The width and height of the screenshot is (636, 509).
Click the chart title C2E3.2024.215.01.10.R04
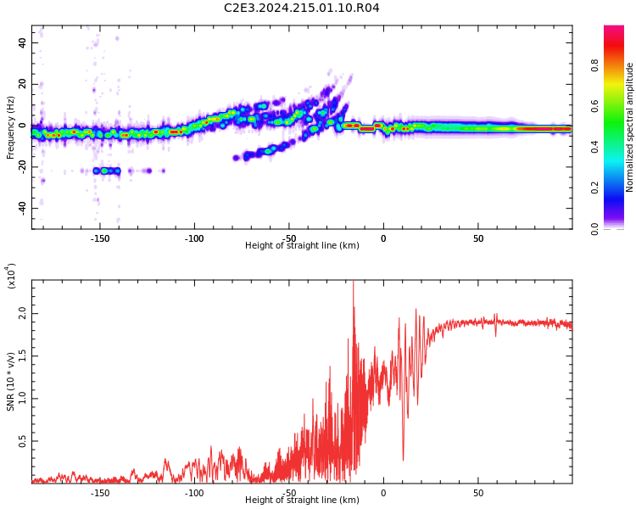click(x=301, y=8)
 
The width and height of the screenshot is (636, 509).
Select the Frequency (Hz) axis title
click(x=11, y=127)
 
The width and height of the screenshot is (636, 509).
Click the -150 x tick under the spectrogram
click(x=99, y=238)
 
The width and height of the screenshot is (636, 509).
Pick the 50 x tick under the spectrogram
click(x=478, y=238)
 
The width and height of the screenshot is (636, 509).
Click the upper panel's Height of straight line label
click(x=302, y=246)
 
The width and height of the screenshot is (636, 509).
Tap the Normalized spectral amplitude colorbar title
click(x=630, y=127)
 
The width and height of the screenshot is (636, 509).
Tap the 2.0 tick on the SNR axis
click(x=22, y=314)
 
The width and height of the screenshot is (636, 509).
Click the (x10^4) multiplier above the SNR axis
click(x=11, y=276)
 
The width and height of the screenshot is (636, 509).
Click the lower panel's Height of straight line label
click(x=302, y=501)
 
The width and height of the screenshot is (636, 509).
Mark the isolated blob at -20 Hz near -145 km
click(x=107, y=171)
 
